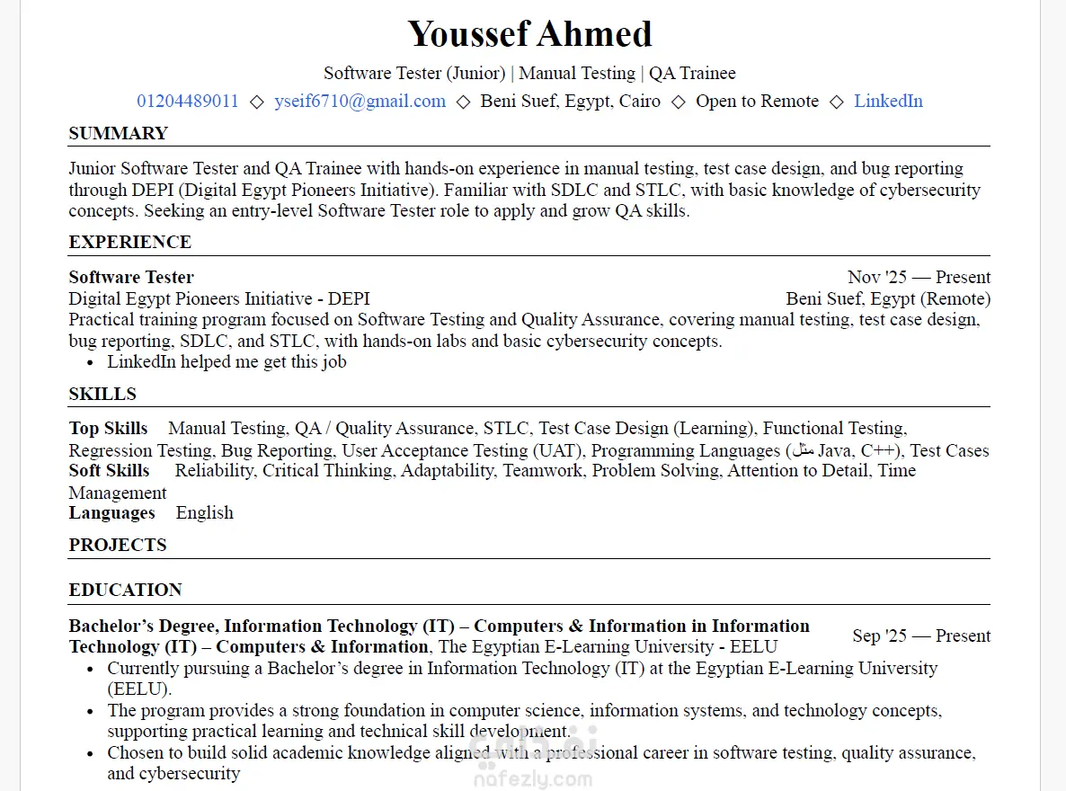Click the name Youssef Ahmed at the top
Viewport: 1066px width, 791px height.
pyautogui.click(x=529, y=34)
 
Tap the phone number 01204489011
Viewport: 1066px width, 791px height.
pyautogui.click(x=188, y=101)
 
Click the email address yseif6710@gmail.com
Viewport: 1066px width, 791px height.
pyautogui.click(x=360, y=101)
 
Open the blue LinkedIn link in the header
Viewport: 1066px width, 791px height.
pyautogui.click(x=888, y=101)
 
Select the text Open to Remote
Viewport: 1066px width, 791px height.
pyautogui.click(x=757, y=101)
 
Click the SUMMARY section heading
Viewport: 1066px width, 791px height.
pyautogui.click(x=118, y=133)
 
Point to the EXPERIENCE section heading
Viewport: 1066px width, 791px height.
pyautogui.click(x=129, y=242)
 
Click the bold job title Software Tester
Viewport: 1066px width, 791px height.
pyautogui.click(x=131, y=277)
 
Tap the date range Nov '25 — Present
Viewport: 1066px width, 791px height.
pyautogui.click(x=919, y=277)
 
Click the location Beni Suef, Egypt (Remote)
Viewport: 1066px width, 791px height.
pyautogui.click(x=888, y=298)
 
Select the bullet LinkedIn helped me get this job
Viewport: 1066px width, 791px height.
pyautogui.click(x=227, y=361)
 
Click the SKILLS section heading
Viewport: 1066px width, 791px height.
pyautogui.click(x=102, y=394)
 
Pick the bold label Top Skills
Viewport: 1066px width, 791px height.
pyautogui.click(x=108, y=428)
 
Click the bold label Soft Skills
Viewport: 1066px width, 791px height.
pyautogui.click(x=109, y=470)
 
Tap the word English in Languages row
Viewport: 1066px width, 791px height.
pyautogui.click(x=204, y=512)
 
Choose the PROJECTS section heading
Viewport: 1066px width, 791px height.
pyautogui.click(x=118, y=545)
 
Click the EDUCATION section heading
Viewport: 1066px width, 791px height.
pyautogui.click(x=125, y=590)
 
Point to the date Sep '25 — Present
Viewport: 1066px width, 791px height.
pyautogui.click(x=921, y=635)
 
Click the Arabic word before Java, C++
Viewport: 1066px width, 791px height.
pyautogui.click(x=803, y=450)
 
